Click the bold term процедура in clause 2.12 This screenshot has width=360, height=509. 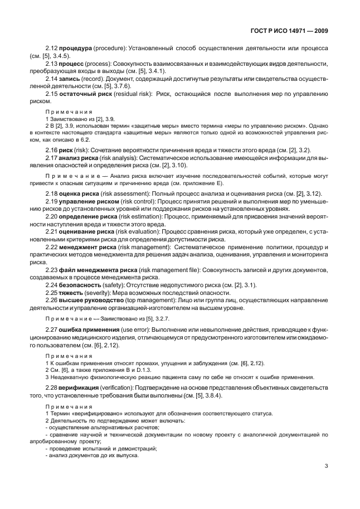79,49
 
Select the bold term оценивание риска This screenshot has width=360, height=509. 90,231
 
